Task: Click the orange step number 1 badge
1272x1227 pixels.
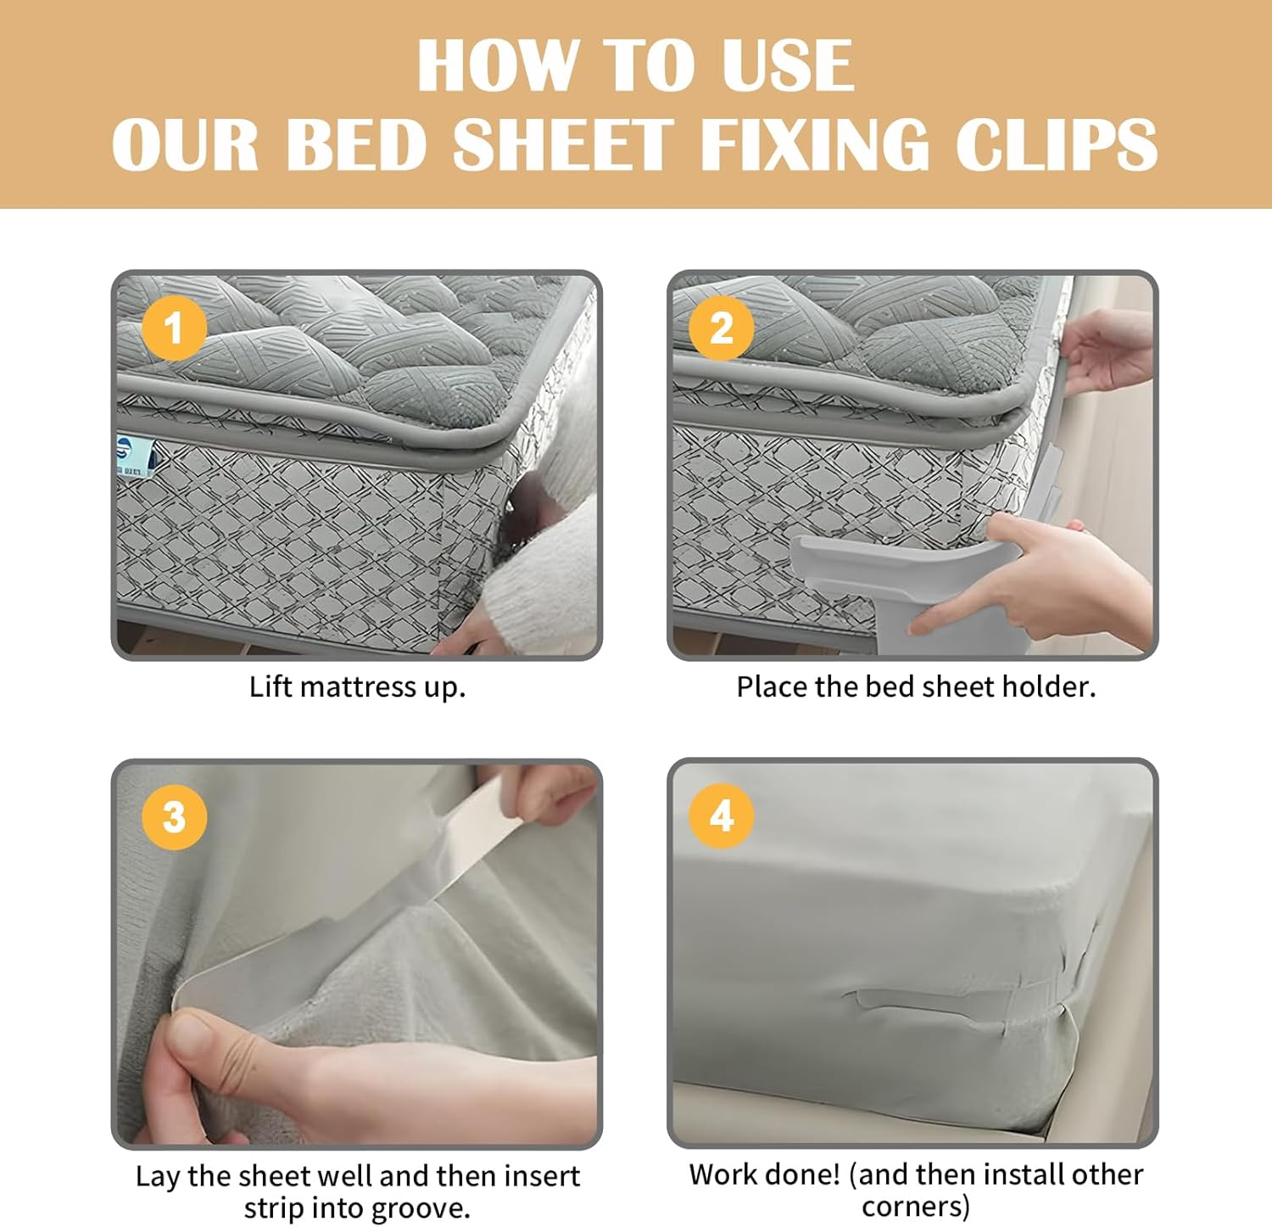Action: tap(174, 328)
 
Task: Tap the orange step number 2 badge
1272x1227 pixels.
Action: tap(722, 328)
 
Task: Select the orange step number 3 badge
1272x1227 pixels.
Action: tap(174, 817)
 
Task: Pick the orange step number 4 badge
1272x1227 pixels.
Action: tap(722, 816)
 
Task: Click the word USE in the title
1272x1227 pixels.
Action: tap(788, 66)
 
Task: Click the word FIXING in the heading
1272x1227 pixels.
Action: tap(815, 144)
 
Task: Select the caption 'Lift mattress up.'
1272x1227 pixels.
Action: tap(357, 686)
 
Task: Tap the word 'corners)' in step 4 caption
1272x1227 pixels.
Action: tap(916, 1206)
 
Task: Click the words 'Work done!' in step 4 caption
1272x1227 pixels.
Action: tap(764, 1174)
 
